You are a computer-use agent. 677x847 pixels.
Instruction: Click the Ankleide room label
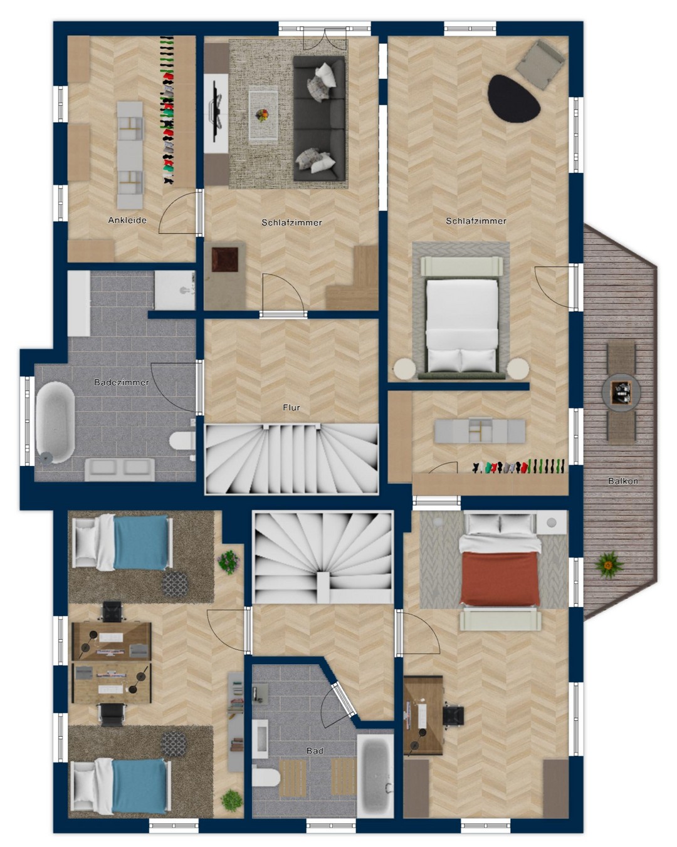pyautogui.click(x=127, y=220)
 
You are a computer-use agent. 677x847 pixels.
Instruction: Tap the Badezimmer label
pyautogui.click(x=122, y=382)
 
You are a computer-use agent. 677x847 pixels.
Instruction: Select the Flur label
pyautogui.click(x=291, y=408)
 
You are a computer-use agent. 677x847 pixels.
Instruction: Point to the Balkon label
pyautogui.click(x=623, y=481)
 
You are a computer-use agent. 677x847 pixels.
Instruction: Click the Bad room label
pyautogui.click(x=315, y=751)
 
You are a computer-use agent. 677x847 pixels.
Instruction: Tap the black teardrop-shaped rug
pyautogui.click(x=513, y=99)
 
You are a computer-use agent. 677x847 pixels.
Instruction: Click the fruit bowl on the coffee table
pyautogui.click(x=262, y=115)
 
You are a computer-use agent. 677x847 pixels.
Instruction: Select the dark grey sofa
pyautogui.click(x=319, y=118)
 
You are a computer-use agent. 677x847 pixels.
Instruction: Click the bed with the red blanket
pyautogui.click(x=500, y=559)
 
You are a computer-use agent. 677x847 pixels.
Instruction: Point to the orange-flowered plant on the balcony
pyautogui.click(x=609, y=565)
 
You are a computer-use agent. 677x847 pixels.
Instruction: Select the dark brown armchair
pyautogui.click(x=225, y=259)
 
